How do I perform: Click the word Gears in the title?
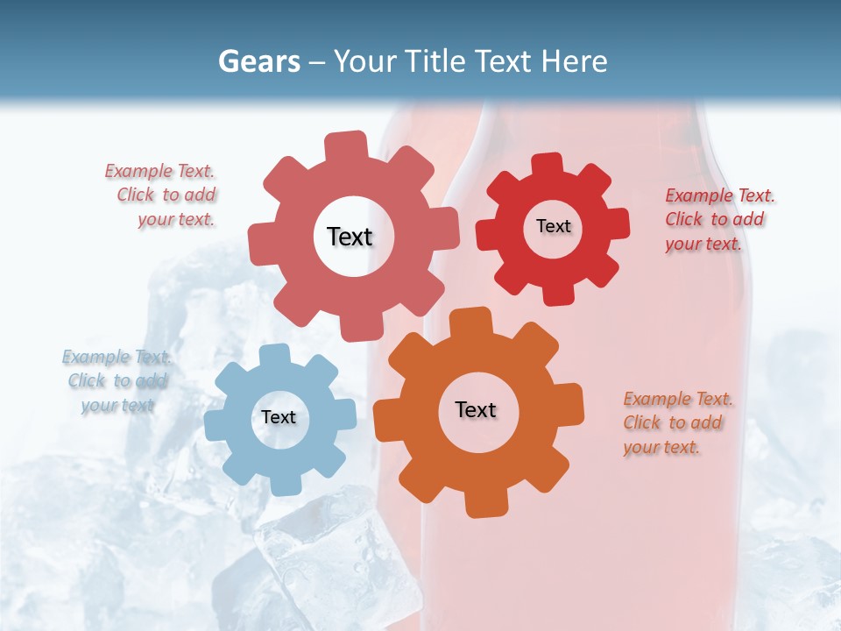pyautogui.click(x=258, y=61)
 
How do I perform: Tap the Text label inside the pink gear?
pyautogui.click(x=350, y=237)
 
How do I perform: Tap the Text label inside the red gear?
pyautogui.click(x=553, y=226)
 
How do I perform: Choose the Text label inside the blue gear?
pyautogui.click(x=279, y=417)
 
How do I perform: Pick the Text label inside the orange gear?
pyautogui.click(x=476, y=409)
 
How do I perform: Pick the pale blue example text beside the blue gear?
pyautogui.click(x=117, y=381)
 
